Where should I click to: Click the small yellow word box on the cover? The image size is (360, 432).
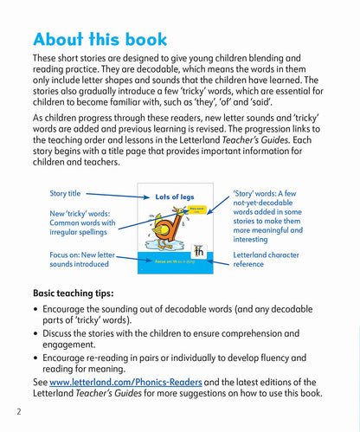198,210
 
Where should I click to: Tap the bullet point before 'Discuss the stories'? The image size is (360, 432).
35,333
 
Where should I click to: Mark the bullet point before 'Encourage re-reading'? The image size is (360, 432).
35,358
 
